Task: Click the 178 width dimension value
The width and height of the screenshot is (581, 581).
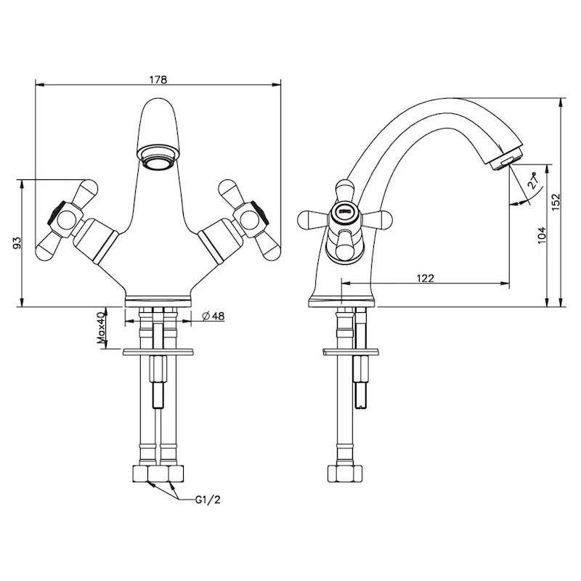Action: point(158,80)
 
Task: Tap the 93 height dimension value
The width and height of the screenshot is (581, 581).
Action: point(17,243)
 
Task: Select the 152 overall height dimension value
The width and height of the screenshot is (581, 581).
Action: point(556,202)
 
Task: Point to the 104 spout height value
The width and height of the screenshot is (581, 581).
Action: point(541,235)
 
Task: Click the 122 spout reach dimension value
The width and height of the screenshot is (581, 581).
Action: point(425,278)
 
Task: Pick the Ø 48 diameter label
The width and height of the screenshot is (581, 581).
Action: point(213,316)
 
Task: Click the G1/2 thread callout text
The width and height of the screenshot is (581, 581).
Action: point(208,500)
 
